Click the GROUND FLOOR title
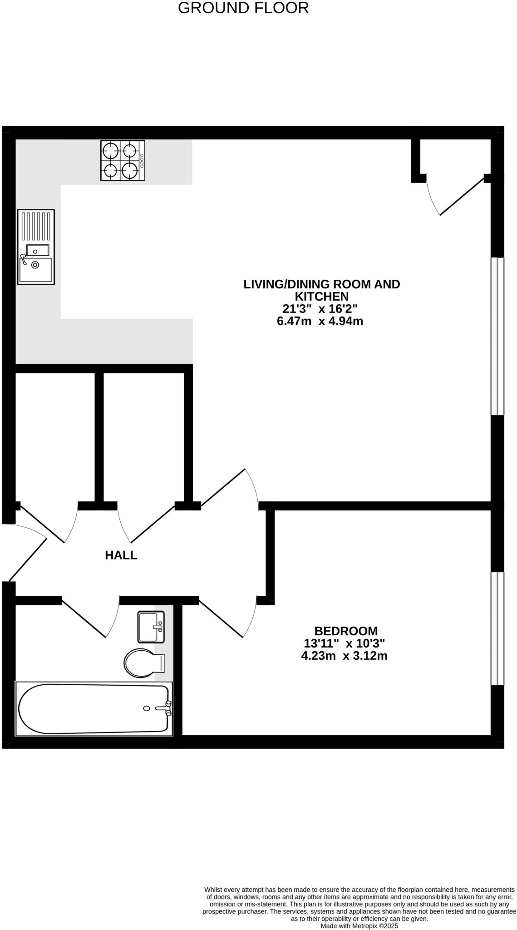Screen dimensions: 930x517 pyautogui.click(x=243, y=8)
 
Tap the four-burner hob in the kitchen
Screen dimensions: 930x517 pyautogui.click(x=123, y=160)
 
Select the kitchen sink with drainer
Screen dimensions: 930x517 pyautogui.click(x=36, y=247)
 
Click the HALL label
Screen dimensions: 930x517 pyautogui.click(x=121, y=555)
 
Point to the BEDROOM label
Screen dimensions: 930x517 pyautogui.click(x=345, y=631)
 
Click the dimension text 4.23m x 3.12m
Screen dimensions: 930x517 pyautogui.click(x=344, y=656)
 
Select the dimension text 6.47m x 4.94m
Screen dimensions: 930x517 pyautogui.click(x=320, y=322)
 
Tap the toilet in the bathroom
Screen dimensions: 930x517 pyautogui.click(x=143, y=663)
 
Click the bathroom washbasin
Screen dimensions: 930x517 pyautogui.click(x=151, y=627)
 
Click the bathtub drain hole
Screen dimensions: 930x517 pyautogui.click(x=146, y=708)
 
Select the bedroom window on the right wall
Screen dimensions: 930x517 pyautogui.click(x=497, y=628)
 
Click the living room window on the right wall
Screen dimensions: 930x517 pyautogui.click(x=497, y=336)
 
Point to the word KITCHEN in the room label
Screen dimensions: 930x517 pyautogui.click(x=321, y=297)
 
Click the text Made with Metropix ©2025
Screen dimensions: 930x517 pyautogui.click(x=359, y=925)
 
